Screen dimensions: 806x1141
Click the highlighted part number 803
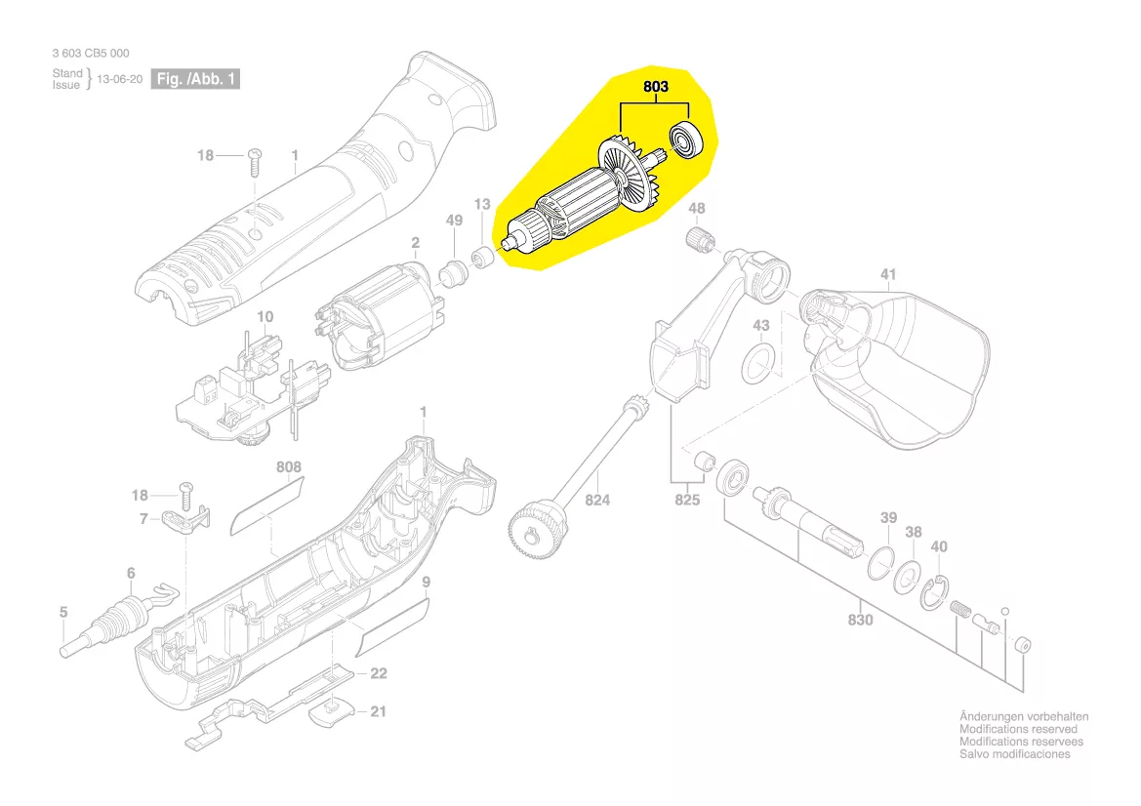point(655,87)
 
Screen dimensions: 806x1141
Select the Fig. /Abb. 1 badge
point(195,79)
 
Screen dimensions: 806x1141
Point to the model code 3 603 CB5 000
point(90,54)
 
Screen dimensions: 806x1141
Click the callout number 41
point(887,274)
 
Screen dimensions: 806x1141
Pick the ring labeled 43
point(758,364)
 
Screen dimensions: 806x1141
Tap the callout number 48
point(696,209)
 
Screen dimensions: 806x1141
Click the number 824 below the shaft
point(597,501)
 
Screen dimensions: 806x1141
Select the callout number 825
point(688,501)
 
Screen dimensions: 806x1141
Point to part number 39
point(888,517)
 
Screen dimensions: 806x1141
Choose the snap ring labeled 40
point(935,591)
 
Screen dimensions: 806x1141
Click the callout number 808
point(289,467)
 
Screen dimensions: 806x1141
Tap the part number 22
point(378,673)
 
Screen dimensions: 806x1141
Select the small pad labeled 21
point(330,714)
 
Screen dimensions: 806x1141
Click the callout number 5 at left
point(63,613)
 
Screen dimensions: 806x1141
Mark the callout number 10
point(265,317)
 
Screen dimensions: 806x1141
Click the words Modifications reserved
point(1018,729)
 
